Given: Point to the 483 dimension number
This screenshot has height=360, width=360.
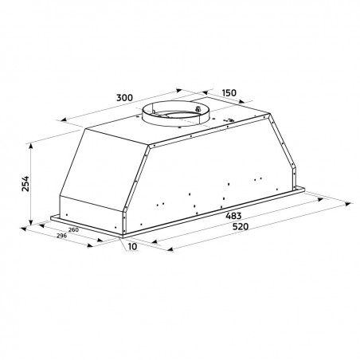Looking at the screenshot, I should (x=233, y=215).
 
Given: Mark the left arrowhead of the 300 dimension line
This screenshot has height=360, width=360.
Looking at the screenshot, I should (x=61, y=119).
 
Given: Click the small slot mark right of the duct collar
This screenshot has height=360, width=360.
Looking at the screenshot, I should (x=229, y=122).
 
